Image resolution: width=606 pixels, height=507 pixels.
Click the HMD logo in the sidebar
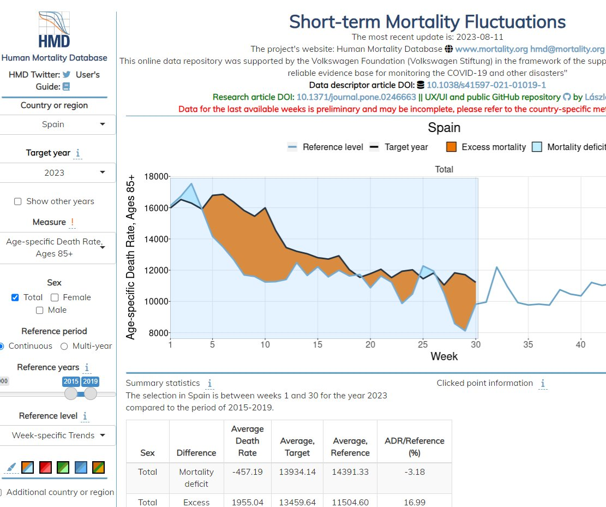click(x=54, y=30)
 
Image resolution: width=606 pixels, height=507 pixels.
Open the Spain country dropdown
click(x=57, y=124)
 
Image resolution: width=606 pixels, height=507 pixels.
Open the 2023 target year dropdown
click(x=57, y=172)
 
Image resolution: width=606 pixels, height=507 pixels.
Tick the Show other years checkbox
click(x=18, y=201)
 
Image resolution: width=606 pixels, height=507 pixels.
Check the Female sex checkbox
click(x=55, y=297)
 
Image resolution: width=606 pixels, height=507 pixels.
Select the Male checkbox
click(x=39, y=310)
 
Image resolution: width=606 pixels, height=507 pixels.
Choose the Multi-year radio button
click(x=64, y=346)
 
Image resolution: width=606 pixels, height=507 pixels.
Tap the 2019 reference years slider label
click(x=91, y=381)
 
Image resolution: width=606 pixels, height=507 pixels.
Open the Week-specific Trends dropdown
click(x=57, y=436)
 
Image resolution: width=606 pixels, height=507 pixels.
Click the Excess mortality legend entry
click(x=486, y=147)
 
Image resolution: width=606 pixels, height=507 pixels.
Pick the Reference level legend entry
click(x=326, y=147)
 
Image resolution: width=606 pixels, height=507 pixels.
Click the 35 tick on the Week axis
click(x=527, y=344)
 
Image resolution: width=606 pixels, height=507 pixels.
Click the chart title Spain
click(x=444, y=128)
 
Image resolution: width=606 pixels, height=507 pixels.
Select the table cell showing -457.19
click(x=248, y=472)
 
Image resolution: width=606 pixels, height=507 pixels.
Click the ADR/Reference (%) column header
click(x=415, y=446)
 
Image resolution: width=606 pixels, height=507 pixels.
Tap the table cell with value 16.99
click(x=415, y=502)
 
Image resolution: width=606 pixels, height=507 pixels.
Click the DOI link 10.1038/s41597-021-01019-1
click(x=486, y=85)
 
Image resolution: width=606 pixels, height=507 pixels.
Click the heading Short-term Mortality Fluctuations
click(x=427, y=22)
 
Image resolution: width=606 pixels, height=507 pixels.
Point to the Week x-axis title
click(x=444, y=356)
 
